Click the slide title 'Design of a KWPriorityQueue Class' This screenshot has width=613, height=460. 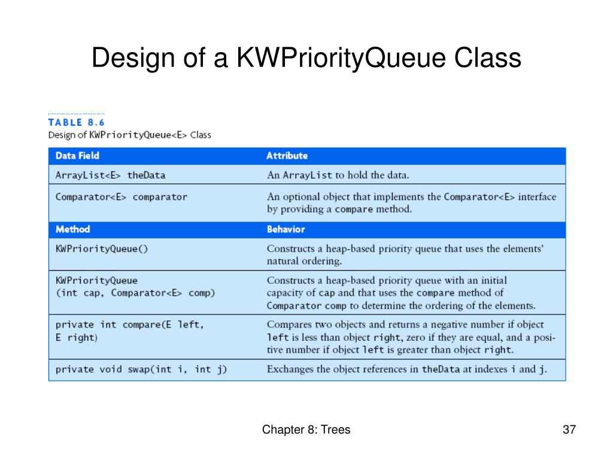point(306,59)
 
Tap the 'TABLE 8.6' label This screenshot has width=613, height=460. point(76,122)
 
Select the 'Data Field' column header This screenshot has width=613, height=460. point(77,156)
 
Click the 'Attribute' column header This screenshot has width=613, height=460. point(287,156)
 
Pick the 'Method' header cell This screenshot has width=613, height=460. point(72,229)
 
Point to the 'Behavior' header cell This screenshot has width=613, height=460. point(286,229)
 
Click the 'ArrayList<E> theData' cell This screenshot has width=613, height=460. point(110,175)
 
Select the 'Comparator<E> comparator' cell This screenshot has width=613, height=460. point(121,196)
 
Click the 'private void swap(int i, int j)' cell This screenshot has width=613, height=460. point(141,369)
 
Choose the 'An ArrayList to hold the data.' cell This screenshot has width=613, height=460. point(338,175)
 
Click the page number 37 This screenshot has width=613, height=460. point(569,429)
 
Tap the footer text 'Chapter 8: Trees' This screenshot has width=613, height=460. point(306,429)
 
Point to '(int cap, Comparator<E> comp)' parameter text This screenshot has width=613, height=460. point(135,293)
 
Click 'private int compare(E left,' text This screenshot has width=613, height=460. point(130,325)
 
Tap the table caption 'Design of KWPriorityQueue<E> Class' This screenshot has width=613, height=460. point(129,135)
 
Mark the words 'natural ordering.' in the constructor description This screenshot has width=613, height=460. point(304,261)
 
